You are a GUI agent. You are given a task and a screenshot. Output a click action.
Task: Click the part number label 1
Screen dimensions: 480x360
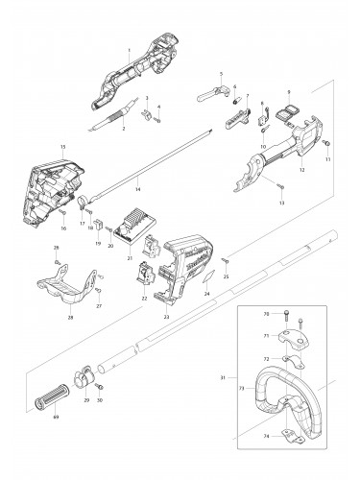pyautogui.click(x=129, y=49)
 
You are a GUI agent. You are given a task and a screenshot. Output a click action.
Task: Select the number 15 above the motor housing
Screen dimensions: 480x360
pyautogui.click(x=62, y=146)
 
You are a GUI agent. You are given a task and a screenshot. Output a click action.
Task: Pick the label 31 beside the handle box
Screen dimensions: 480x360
pyautogui.click(x=222, y=379)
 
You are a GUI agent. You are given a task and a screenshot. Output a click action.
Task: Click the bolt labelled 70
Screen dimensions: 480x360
pyautogui.click(x=289, y=315)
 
